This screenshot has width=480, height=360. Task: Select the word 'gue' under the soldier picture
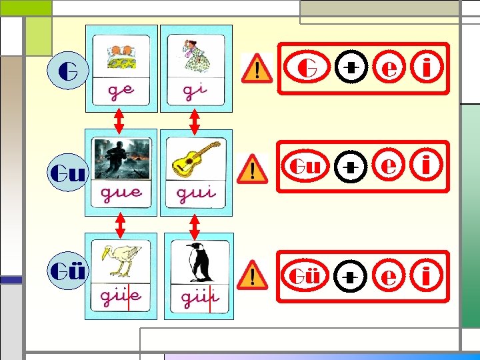121,194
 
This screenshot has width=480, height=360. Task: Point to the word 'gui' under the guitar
196,194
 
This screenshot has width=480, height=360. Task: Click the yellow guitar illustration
196,158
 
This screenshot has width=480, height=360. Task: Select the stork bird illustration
121,261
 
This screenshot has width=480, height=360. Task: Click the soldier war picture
121,158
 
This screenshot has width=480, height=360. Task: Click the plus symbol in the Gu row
349,169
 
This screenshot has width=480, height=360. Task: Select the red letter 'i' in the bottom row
428,274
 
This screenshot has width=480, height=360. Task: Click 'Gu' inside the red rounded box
305,167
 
